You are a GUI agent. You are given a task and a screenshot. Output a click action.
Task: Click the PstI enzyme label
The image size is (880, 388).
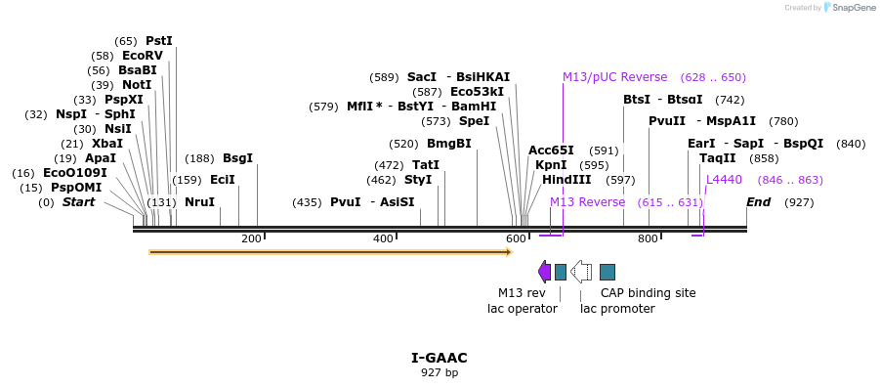click(158, 41)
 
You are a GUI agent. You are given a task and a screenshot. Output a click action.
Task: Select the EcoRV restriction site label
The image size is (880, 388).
click(143, 56)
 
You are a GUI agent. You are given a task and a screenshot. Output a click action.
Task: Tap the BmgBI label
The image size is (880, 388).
click(448, 144)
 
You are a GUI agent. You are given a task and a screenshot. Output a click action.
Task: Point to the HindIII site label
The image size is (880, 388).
click(566, 180)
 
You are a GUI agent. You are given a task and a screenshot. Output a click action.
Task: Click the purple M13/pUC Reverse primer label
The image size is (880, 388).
click(614, 77)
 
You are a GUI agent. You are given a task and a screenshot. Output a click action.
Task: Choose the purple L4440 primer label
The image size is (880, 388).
click(724, 180)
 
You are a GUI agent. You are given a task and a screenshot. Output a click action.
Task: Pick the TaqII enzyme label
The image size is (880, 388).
click(718, 158)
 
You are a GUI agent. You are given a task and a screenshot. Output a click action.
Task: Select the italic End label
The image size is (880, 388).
click(759, 202)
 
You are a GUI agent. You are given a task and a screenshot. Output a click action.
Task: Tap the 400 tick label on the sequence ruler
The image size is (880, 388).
click(383, 239)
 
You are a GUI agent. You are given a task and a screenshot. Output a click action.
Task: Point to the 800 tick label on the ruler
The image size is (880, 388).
click(648, 239)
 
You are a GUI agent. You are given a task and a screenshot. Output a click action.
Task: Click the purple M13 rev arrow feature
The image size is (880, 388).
click(544, 272)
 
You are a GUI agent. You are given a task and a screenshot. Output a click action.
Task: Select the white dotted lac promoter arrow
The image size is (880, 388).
click(581, 272)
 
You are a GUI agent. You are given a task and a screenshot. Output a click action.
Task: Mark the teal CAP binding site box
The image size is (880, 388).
click(608, 272)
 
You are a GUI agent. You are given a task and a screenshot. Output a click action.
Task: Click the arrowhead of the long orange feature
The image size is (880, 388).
click(508, 252)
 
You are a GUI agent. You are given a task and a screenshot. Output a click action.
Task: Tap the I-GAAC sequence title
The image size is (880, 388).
click(440, 358)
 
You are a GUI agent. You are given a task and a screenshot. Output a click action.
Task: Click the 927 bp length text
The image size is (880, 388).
click(440, 372)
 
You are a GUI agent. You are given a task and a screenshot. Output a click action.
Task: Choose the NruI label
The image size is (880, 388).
click(199, 202)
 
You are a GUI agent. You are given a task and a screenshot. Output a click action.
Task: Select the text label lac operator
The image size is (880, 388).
click(523, 309)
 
